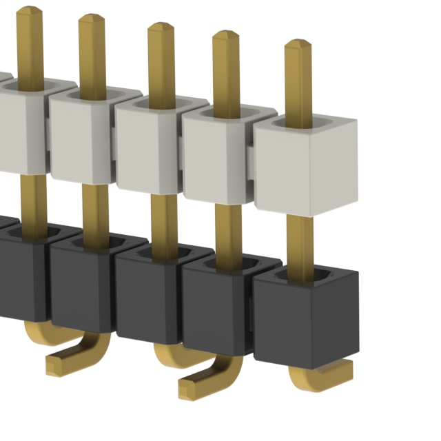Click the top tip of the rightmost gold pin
[298, 45]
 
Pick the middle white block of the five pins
[150, 148]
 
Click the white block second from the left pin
[81, 138]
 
